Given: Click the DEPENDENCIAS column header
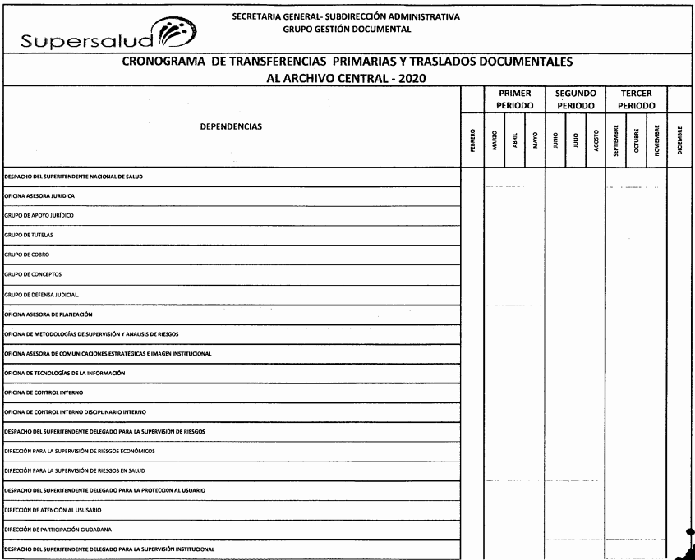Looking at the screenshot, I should [229, 127].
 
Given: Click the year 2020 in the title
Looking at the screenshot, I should [417, 78].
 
